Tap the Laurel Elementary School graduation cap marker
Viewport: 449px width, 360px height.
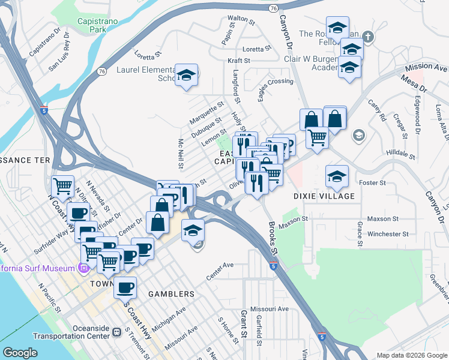point(187,76)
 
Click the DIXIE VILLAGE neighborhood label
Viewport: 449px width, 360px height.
point(324,196)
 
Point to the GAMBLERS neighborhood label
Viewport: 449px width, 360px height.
point(172,294)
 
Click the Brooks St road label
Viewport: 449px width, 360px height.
point(273,235)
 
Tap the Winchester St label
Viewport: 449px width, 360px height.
point(388,234)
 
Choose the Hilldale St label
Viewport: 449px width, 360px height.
point(402,153)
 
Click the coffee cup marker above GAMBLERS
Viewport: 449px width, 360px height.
point(125,289)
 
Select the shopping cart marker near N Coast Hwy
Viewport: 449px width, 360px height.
point(62,188)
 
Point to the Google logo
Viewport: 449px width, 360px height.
point(20,353)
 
